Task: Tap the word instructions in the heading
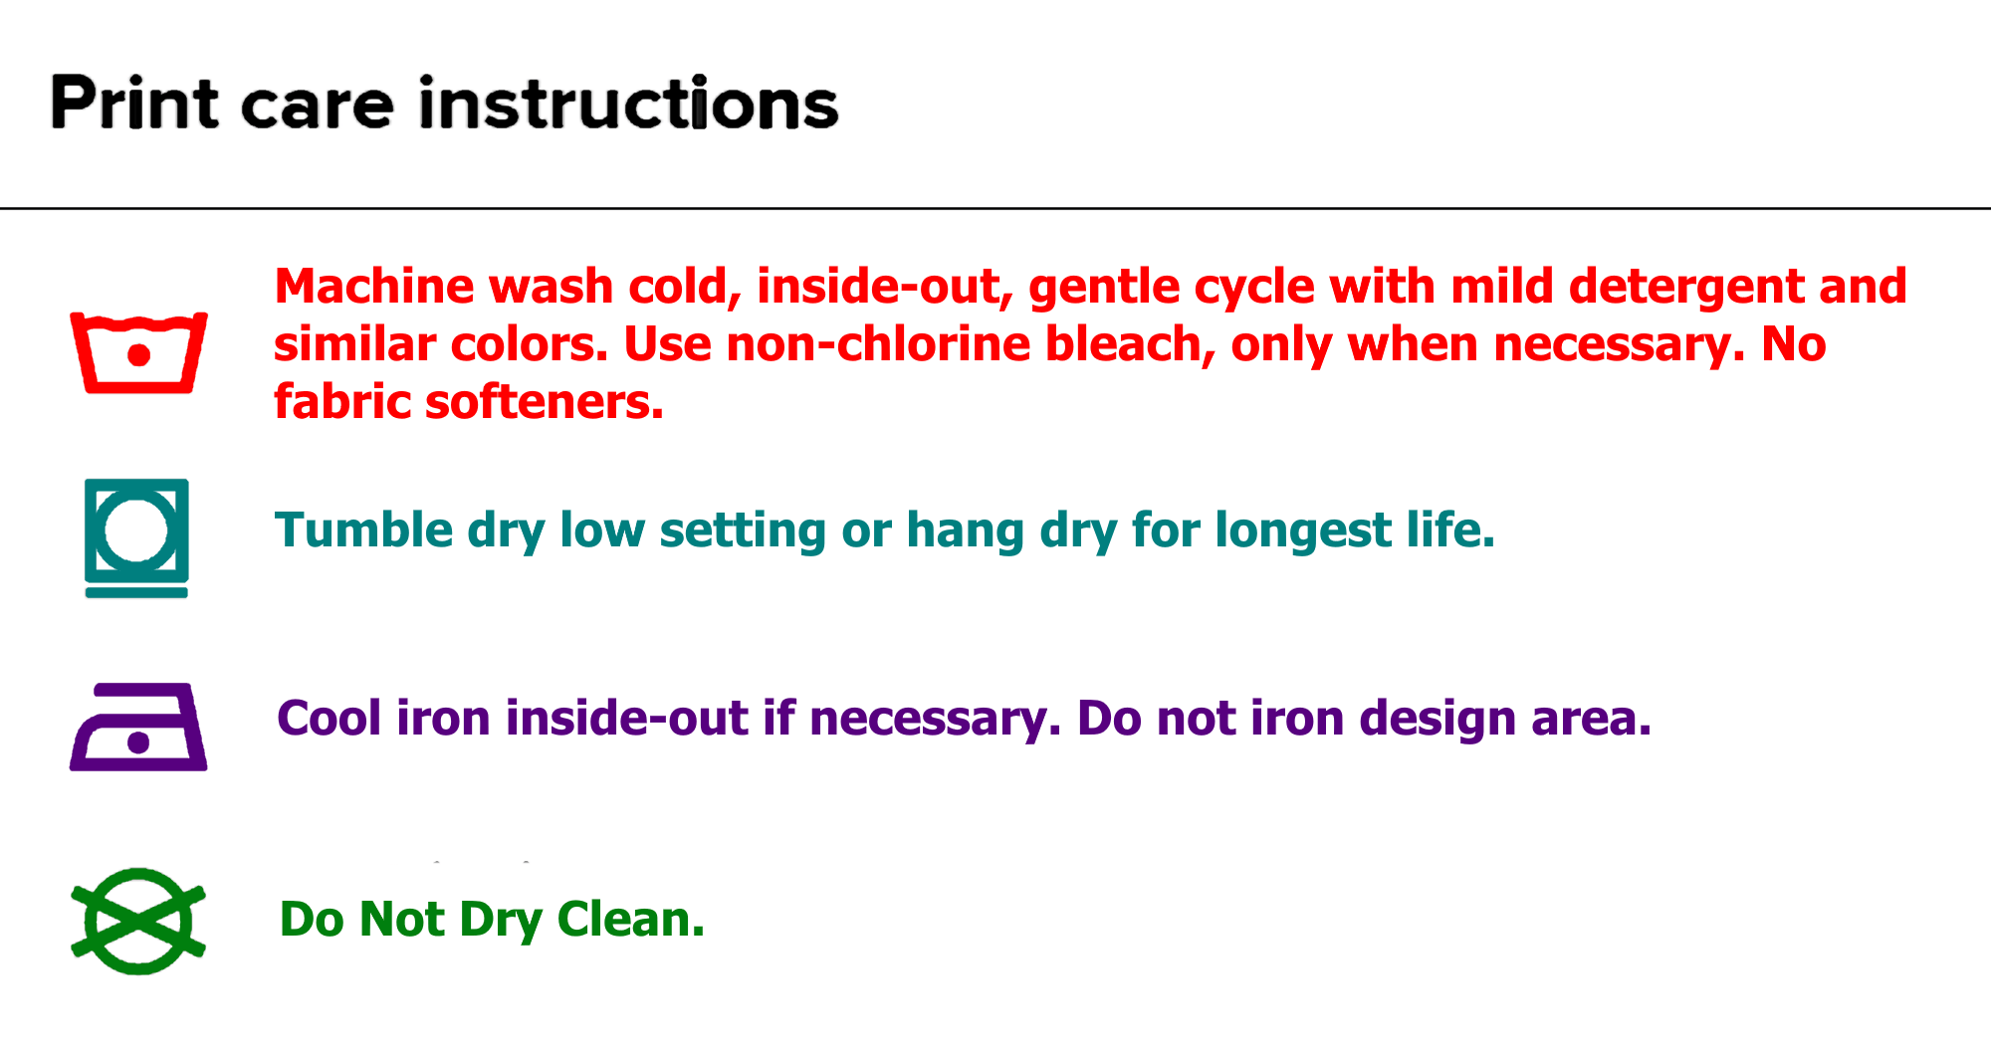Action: click(629, 104)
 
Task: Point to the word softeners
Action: click(545, 402)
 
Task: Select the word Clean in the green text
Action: click(631, 919)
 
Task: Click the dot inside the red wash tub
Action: click(139, 355)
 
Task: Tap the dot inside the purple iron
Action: click(138, 742)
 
